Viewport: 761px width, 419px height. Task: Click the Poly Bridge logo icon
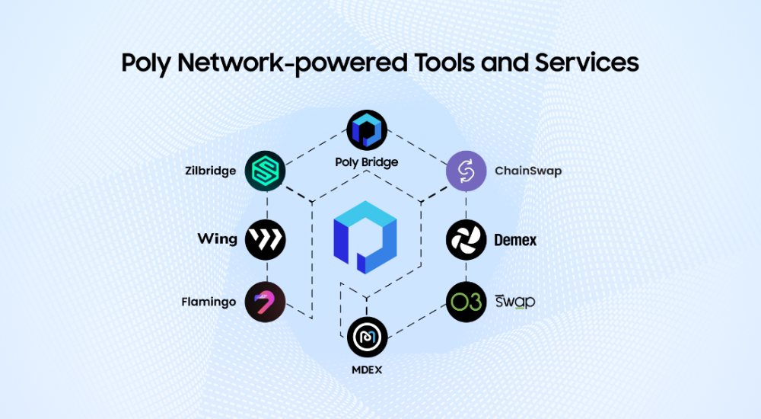[x=367, y=130]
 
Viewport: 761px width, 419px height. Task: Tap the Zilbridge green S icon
[x=265, y=171]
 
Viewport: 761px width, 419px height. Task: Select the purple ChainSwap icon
[x=466, y=171]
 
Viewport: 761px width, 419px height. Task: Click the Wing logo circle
[x=265, y=239]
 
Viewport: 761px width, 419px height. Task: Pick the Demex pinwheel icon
[x=466, y=240]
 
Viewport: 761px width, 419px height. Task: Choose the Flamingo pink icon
[x=265, y=302]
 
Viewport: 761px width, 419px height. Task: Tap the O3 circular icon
[x=466, y=302]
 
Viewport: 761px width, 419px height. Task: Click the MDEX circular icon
[x=367, y=337]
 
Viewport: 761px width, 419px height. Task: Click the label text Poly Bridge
[x=367, y=162]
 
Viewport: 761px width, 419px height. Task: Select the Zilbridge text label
[x=211, y=171]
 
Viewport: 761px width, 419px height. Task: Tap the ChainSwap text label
[x=527, y=171]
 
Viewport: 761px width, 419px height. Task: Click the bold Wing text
[x=218, y=239]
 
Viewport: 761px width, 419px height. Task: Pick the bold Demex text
[x=515, y=240]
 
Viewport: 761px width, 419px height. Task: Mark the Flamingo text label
[x=209, y=302]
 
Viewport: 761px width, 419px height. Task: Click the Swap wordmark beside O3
[x=515, y=301]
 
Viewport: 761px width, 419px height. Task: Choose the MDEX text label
[x=367, y=370]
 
